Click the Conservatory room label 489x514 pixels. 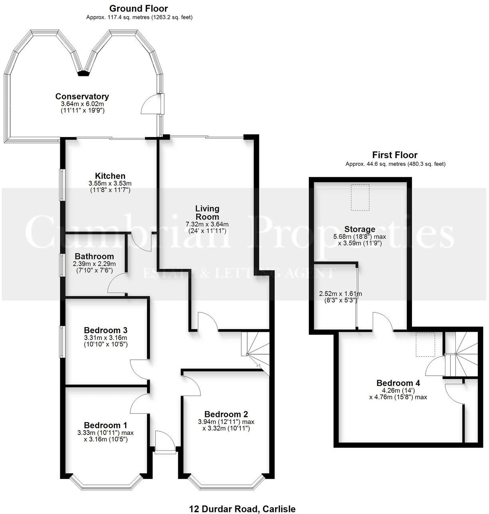[x=82, y=96]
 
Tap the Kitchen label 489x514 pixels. [x=110, y=176]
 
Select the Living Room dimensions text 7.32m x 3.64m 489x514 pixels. [x=207, y=224]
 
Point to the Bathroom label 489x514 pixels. [x=94, y=256]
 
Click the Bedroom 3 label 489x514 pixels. [x=105, y=330]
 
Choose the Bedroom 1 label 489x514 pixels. [x=105, y=425]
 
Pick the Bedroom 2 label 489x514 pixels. [x=226, y=414]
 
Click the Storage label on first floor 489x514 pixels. [x=360, y=229]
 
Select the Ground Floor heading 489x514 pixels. [x=139, y=8]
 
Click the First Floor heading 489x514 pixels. [x=395, y=155]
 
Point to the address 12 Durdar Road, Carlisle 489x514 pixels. [x=243, y=509]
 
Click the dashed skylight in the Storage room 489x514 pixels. [x=360, y=197]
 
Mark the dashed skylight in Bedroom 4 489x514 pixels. [x=425, y=344]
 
